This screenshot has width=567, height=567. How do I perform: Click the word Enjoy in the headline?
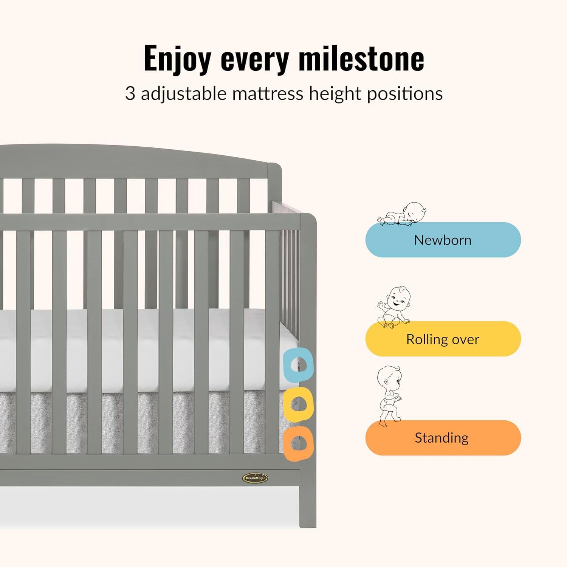coord(177,59)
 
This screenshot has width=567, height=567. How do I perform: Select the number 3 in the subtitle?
coord(130,94)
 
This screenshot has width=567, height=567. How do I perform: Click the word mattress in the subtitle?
coord(268,94)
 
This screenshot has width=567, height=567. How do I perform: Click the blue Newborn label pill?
coord(443,240)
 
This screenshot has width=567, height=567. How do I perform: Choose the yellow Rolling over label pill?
coord(443,339)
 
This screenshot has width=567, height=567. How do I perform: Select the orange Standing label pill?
coord(443,438)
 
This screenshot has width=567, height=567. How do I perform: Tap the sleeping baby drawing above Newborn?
coord(403,214)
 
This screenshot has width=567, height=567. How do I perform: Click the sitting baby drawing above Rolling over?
coord(393,307)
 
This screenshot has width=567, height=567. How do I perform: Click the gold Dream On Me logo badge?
coord(256,478)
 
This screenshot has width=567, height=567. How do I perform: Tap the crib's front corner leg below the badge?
coord(308,498)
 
